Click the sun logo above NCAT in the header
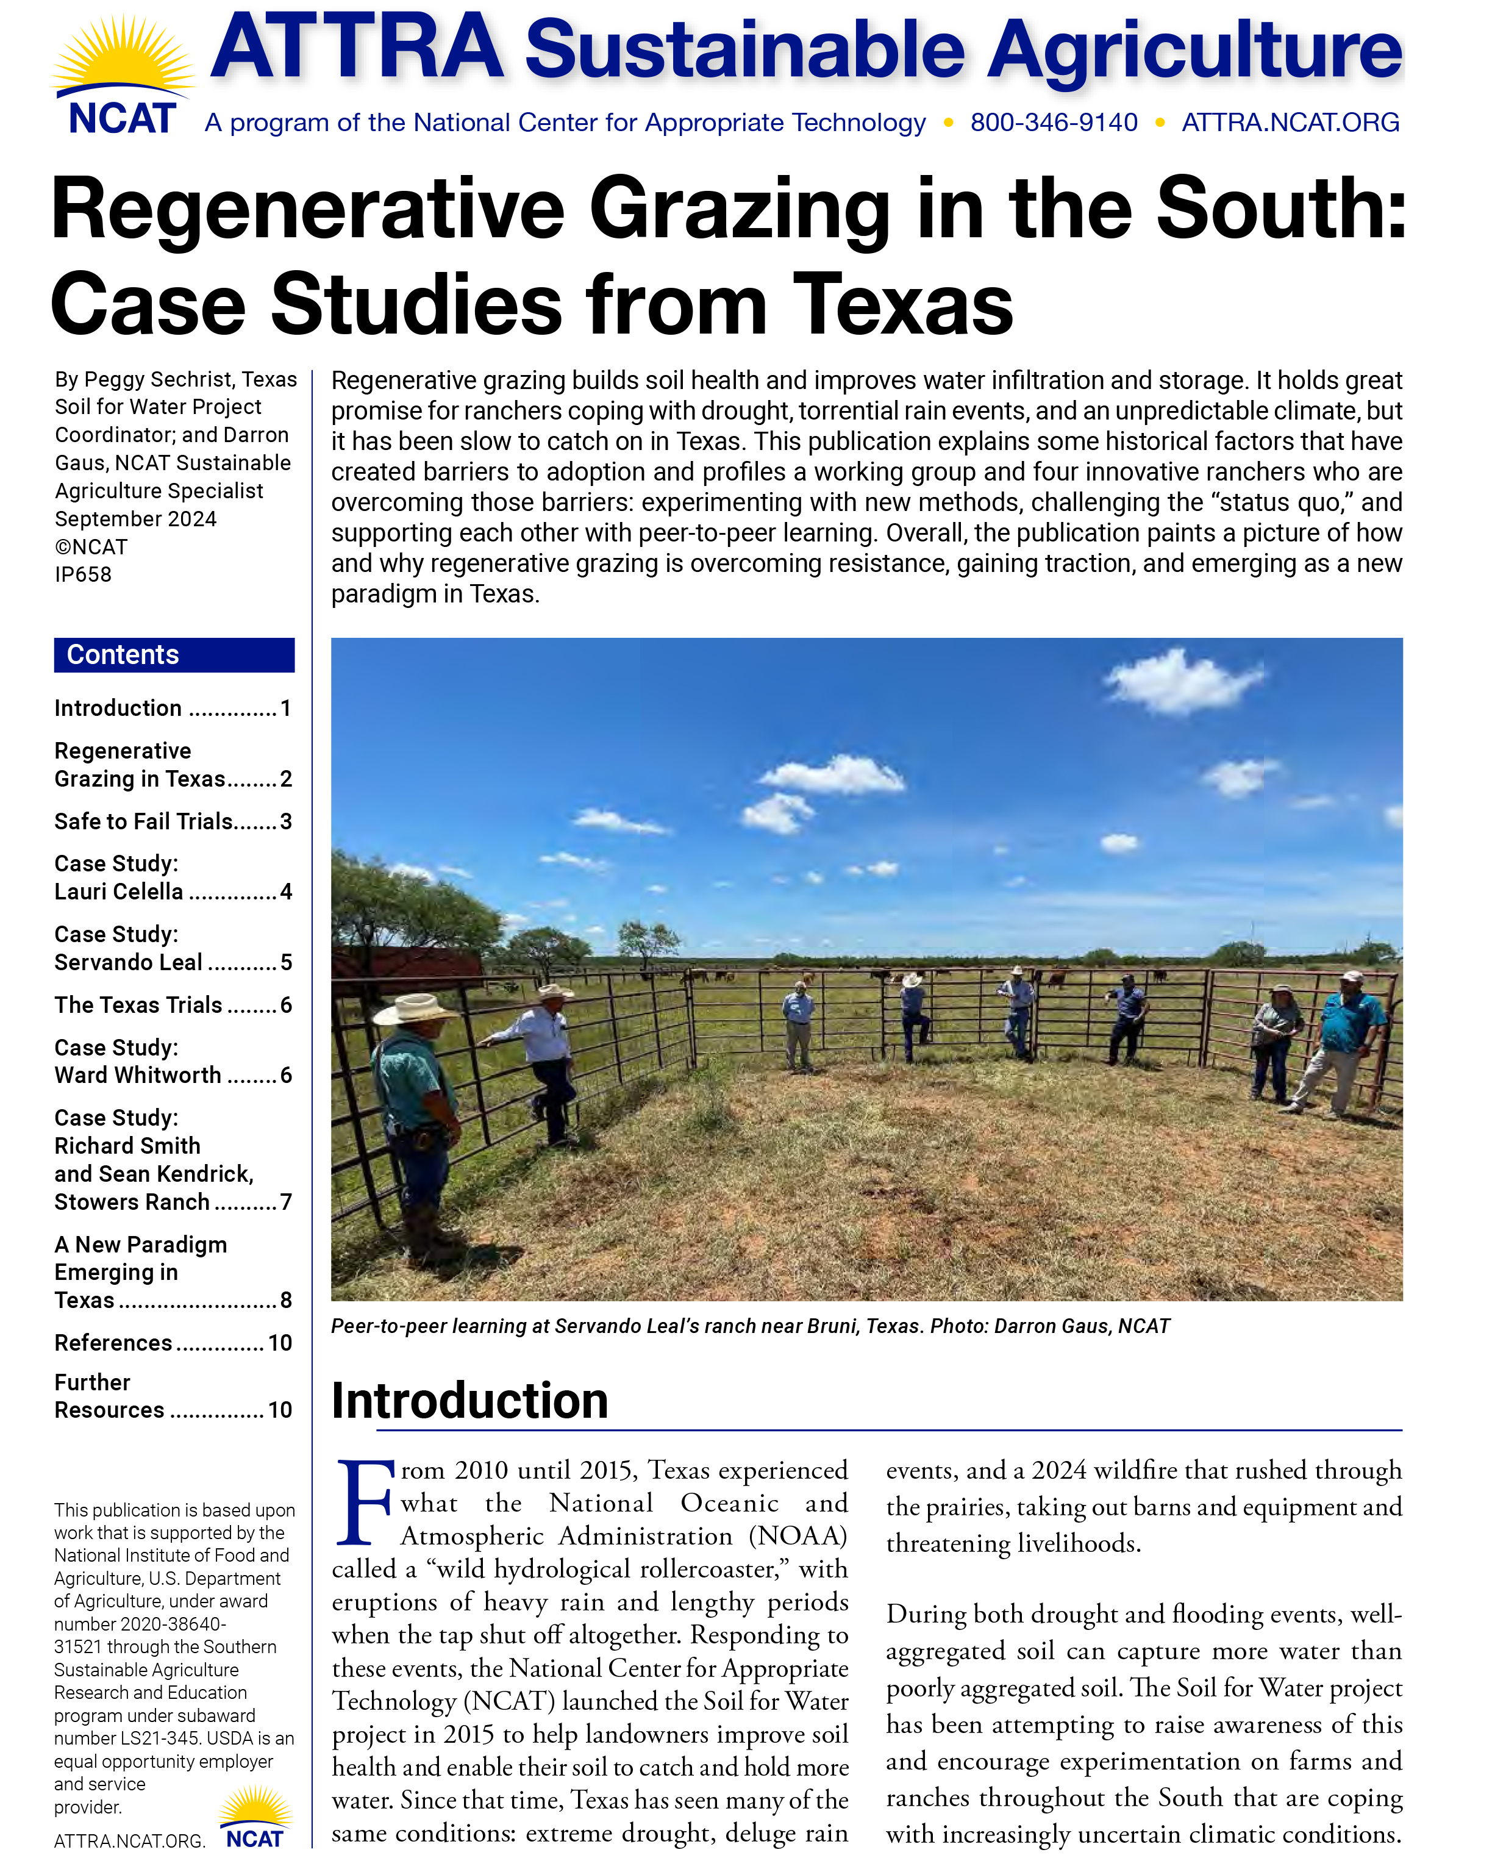click(x=123, y=54)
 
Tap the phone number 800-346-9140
click(x=1053, y=123)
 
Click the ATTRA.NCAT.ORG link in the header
click(x=1290, y=123)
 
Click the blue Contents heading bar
click(x=174, y=655)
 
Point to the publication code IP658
click(x=84, y=574)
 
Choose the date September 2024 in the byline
click(x=135, y=519)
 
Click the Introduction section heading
click(x=469, y=1400)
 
